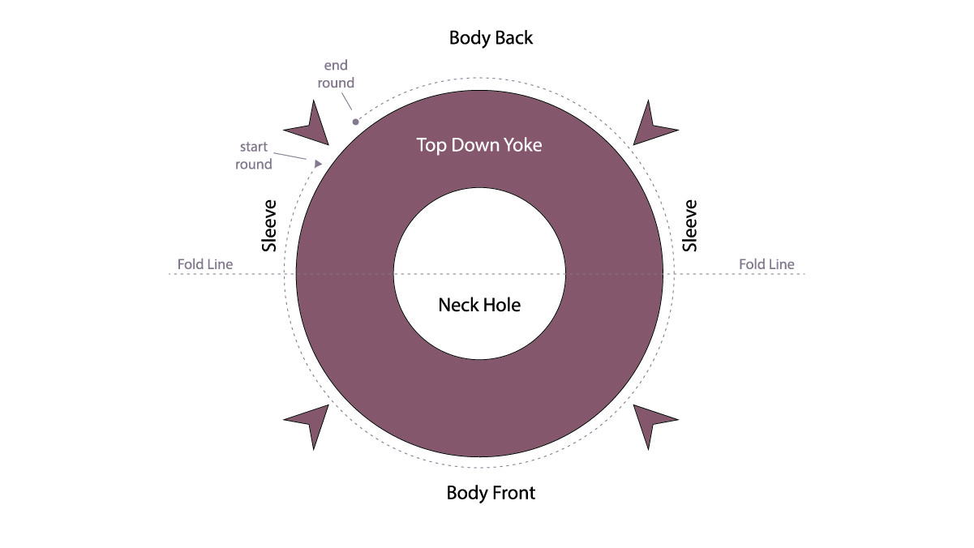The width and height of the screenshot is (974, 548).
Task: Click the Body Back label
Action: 491,38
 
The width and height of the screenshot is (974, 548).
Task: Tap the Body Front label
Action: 491,493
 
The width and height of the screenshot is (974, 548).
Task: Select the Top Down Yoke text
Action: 478,146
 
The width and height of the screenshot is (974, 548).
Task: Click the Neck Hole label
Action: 479,306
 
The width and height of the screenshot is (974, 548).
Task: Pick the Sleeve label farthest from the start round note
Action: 690,225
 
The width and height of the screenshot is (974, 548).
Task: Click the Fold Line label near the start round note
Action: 204,264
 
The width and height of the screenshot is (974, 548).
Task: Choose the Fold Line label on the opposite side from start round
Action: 766,264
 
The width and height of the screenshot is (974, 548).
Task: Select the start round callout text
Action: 255,156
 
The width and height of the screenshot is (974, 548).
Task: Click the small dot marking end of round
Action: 355,122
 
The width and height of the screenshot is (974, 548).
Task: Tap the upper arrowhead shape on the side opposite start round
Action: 650,126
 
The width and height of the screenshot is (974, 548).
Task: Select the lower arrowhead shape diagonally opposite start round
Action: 650,422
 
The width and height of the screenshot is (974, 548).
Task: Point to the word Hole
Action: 501,306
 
